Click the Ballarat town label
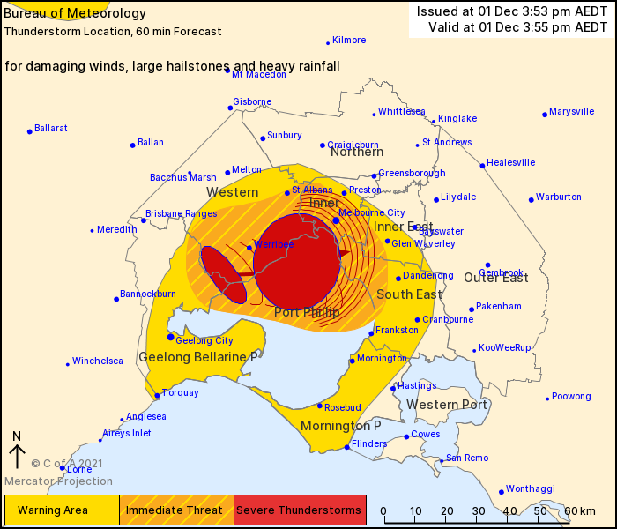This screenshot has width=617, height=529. [x=51, y=128]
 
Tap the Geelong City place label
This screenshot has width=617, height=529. [x=204, y=340]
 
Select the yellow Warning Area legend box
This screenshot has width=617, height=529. [x=62, y=510]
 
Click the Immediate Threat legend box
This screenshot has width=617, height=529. [x=176, y=510]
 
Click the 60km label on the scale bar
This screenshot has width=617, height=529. [x=583, y=511]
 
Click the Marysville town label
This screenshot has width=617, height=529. [x=572, y=112]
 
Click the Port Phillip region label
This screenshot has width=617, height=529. [x=307, y=312]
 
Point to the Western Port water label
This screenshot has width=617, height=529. [x=447, y=405]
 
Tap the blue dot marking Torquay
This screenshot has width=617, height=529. [x=157, y=396]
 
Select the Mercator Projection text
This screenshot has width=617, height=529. [x=58, y=481]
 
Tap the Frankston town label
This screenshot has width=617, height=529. [x=390, y=331]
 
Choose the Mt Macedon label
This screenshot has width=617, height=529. [x=259, y=74]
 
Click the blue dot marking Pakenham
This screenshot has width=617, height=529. [x=472, y=309]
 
